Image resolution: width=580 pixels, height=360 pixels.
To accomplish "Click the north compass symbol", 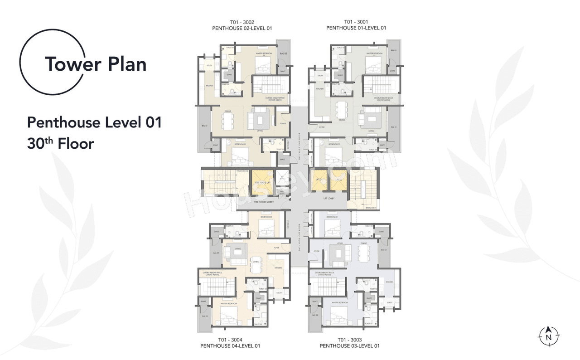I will pos(549,336).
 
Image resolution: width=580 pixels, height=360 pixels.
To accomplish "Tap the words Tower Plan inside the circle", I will pos(95,64).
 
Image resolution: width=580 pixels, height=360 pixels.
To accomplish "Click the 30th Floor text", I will pos(60,143).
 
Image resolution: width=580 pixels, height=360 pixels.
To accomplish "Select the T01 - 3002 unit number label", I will pos(242,22).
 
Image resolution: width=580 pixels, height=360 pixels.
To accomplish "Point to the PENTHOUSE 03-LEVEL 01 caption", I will pos(349,346).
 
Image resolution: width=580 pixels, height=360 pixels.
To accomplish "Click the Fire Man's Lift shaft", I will pos(261,182).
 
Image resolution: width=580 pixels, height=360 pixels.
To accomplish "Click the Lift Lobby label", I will pos(329,198).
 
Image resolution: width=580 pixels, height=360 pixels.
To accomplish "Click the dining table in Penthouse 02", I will pos(227,120).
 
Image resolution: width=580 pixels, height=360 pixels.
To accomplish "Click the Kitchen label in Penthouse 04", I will pos(278,268).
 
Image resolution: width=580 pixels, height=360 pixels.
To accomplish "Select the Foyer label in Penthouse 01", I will pos(321,127).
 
